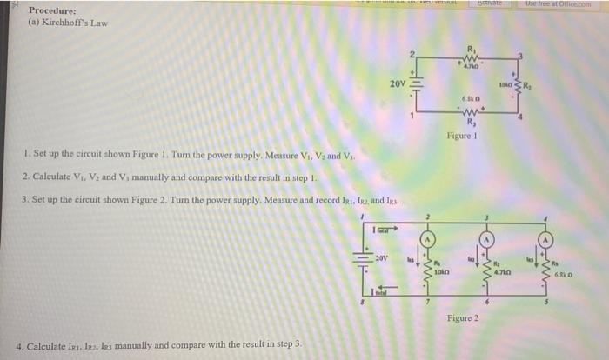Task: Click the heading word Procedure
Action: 50,11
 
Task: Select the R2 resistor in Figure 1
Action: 518,86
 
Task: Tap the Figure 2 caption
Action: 462,319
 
